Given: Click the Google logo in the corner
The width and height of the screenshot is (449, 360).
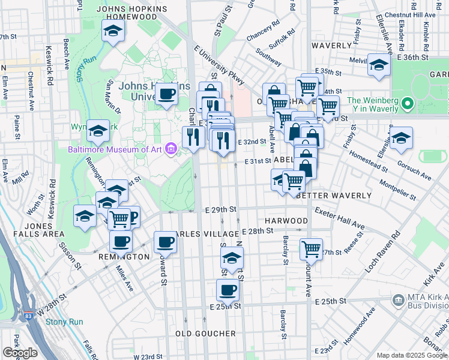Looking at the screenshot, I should coord(20,353).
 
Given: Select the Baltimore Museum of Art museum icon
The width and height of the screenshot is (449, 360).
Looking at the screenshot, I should coord(171,149).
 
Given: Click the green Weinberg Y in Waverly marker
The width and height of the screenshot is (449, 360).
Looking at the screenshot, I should coord(408,104).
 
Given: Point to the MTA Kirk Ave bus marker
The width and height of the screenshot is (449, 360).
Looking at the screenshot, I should coord(397,299).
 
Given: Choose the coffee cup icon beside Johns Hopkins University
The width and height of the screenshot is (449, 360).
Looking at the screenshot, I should coord(166,94).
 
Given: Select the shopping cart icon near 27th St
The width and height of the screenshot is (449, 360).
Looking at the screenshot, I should coord(311,247).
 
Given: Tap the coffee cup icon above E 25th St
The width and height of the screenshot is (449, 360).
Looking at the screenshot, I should coord(227,290).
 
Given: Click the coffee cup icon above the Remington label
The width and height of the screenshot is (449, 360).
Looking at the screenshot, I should coord(121,241).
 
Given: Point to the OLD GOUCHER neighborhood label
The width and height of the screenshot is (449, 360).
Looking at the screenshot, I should coord(205,333).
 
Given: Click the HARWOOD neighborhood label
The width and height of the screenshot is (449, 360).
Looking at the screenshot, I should coord(287,221).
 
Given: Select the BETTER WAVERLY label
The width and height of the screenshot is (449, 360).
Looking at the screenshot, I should coord(327,196).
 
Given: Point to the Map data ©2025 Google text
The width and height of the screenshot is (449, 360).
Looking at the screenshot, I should coord(412,355).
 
